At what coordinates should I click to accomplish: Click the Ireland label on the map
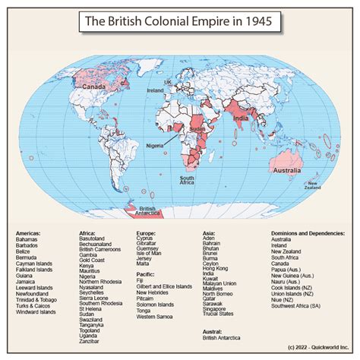point(156,90)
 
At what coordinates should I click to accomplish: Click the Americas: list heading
point(29,233)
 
